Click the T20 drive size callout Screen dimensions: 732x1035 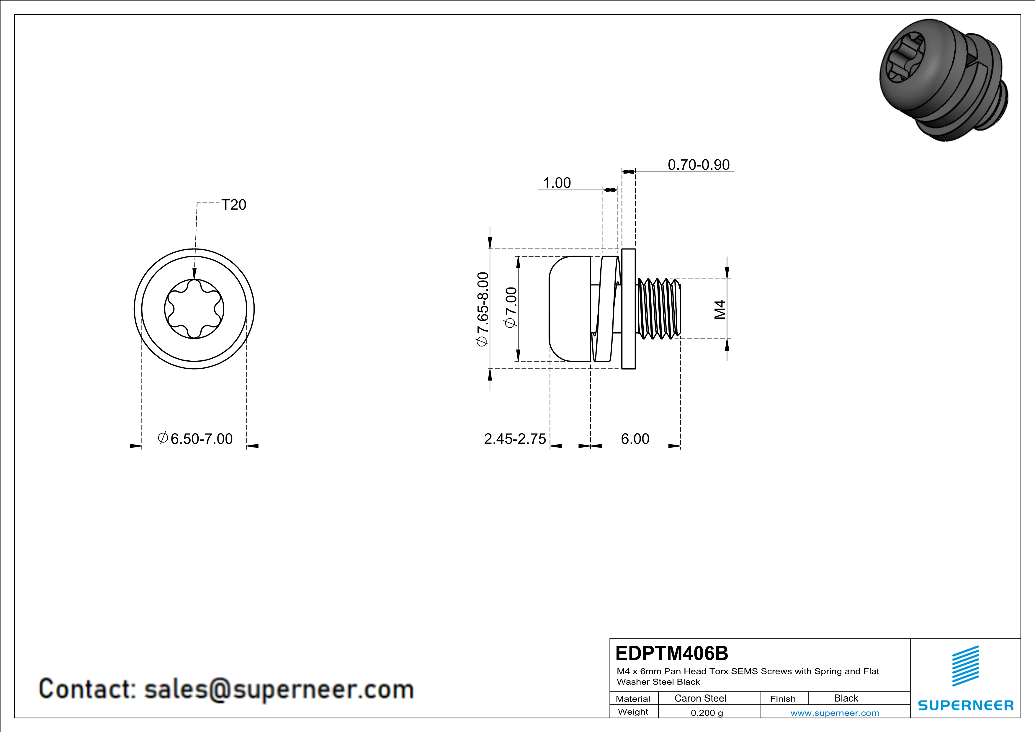pyautogui.click(x=233, y=205)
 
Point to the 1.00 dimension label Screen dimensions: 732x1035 pyautogui.click(x=557, y=183)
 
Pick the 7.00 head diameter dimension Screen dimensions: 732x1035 pyautogui.click(x=511, y=308)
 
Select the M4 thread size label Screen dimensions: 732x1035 pyautogui.click(x=720, y=309)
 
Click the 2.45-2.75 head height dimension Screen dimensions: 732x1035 pyautogui.click(x=515, y=439)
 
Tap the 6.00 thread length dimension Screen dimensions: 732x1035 pyautogui.click(x=635, y=439)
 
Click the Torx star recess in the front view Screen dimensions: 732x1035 pyautogui.click(x=194, y=309)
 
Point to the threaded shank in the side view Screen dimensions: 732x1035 pyautogui.click(x=658, y=309)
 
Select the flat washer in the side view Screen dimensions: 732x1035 pyautogui.click(x=628, y=309)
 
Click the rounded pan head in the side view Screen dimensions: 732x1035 pyautogui.click(x=569, y=309)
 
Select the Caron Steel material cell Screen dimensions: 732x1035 pyautogui.click(x=700, y=698)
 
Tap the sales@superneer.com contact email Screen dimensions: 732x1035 pyautogui.click(x=279, y=689)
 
